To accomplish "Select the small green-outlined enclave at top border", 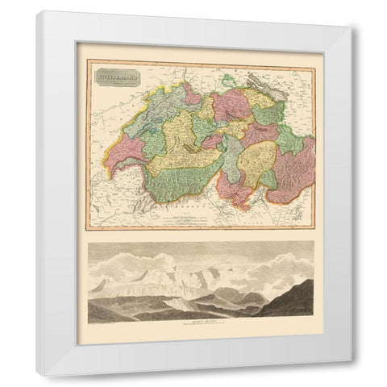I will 229,80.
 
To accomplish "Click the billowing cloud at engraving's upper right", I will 286,262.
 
